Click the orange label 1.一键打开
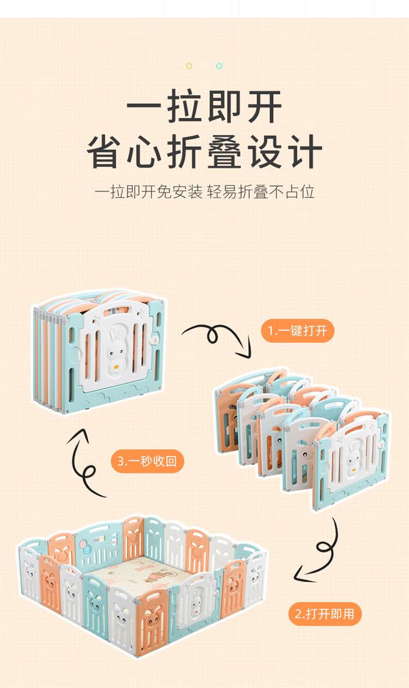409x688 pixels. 297,331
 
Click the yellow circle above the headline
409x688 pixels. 189,66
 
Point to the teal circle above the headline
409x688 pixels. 219,66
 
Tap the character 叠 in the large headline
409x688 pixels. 224,151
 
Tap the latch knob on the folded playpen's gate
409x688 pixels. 154,340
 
